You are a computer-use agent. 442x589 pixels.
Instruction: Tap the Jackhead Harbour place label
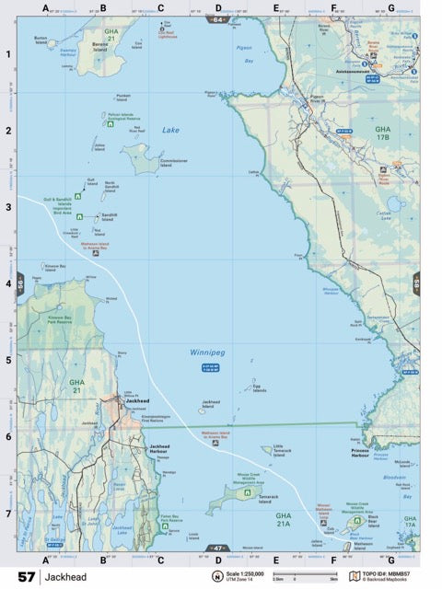pyautogui.click(x=161, y=448)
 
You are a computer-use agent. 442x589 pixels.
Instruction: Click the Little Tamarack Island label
pyautogui.click(x=285, y=450)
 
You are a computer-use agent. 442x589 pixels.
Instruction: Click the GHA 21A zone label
pyautogui.click(x=283, y=520)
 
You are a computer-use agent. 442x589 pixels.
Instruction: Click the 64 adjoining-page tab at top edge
pyautogui.click(x=218, y=18)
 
